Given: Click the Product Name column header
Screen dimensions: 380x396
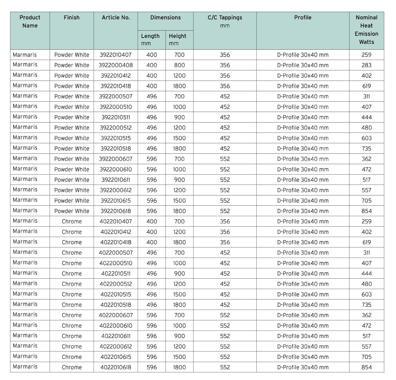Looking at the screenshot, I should coord(30,21).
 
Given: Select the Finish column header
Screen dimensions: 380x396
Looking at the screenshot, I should coord(72,18).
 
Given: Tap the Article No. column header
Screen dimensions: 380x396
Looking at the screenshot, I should coord(116,18).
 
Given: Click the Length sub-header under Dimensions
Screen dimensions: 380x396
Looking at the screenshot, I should coord(150,40).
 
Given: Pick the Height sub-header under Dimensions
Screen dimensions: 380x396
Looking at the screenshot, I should coord(178,40).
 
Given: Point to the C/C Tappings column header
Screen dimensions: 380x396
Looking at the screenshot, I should coord(225,21).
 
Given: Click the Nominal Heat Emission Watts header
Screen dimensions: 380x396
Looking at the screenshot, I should coord(366,30).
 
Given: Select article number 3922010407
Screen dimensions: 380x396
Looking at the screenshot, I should coord(116,55).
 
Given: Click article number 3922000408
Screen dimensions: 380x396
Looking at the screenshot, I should coord(116,65).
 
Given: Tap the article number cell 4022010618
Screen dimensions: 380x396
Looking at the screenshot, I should coord(116,367).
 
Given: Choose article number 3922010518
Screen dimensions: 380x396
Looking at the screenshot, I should coord(116,149).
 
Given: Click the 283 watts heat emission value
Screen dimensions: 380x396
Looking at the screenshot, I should coord(366,65).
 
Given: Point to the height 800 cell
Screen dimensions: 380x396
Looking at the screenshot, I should coord(179,65).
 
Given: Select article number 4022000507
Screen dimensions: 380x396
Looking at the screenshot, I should coord(116,253).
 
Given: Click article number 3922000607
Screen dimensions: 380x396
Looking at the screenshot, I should coord(116,159).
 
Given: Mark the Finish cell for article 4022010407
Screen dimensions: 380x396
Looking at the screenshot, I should coord(72,222).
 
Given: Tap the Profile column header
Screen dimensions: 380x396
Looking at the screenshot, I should coord(303,18).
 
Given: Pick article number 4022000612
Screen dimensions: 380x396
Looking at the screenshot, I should coord(116,346).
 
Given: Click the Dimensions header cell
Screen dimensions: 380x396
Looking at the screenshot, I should coord(165,18).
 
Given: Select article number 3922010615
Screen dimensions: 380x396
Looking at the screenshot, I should coord(116,201).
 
